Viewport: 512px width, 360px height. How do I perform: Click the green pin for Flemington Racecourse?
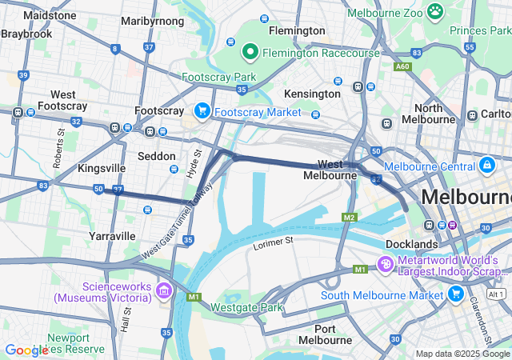[x=250, y=53]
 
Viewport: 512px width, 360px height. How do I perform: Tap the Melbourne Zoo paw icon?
[x=435, y=11]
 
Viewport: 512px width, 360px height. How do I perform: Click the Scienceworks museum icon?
[x=165, y=289]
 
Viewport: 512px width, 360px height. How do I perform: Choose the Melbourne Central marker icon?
[x=486, y=166]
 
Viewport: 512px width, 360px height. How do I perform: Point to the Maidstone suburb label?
[x=50, y=15]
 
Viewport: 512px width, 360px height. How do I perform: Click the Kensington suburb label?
[x=312, y=94]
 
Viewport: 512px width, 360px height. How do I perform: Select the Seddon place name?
[x=156, y=156]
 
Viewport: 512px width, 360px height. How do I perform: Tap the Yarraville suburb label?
[x=113, y=236]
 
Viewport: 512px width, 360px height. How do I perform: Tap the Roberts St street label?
[x=58, y=147]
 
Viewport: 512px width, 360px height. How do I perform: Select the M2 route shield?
[x=349, y=218]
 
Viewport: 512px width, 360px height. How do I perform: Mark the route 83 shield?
[x=43, y=186]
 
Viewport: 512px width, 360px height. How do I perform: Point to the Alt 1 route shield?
[x=495, y=294]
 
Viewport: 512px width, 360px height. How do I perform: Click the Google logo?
[x=26, y=350]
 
